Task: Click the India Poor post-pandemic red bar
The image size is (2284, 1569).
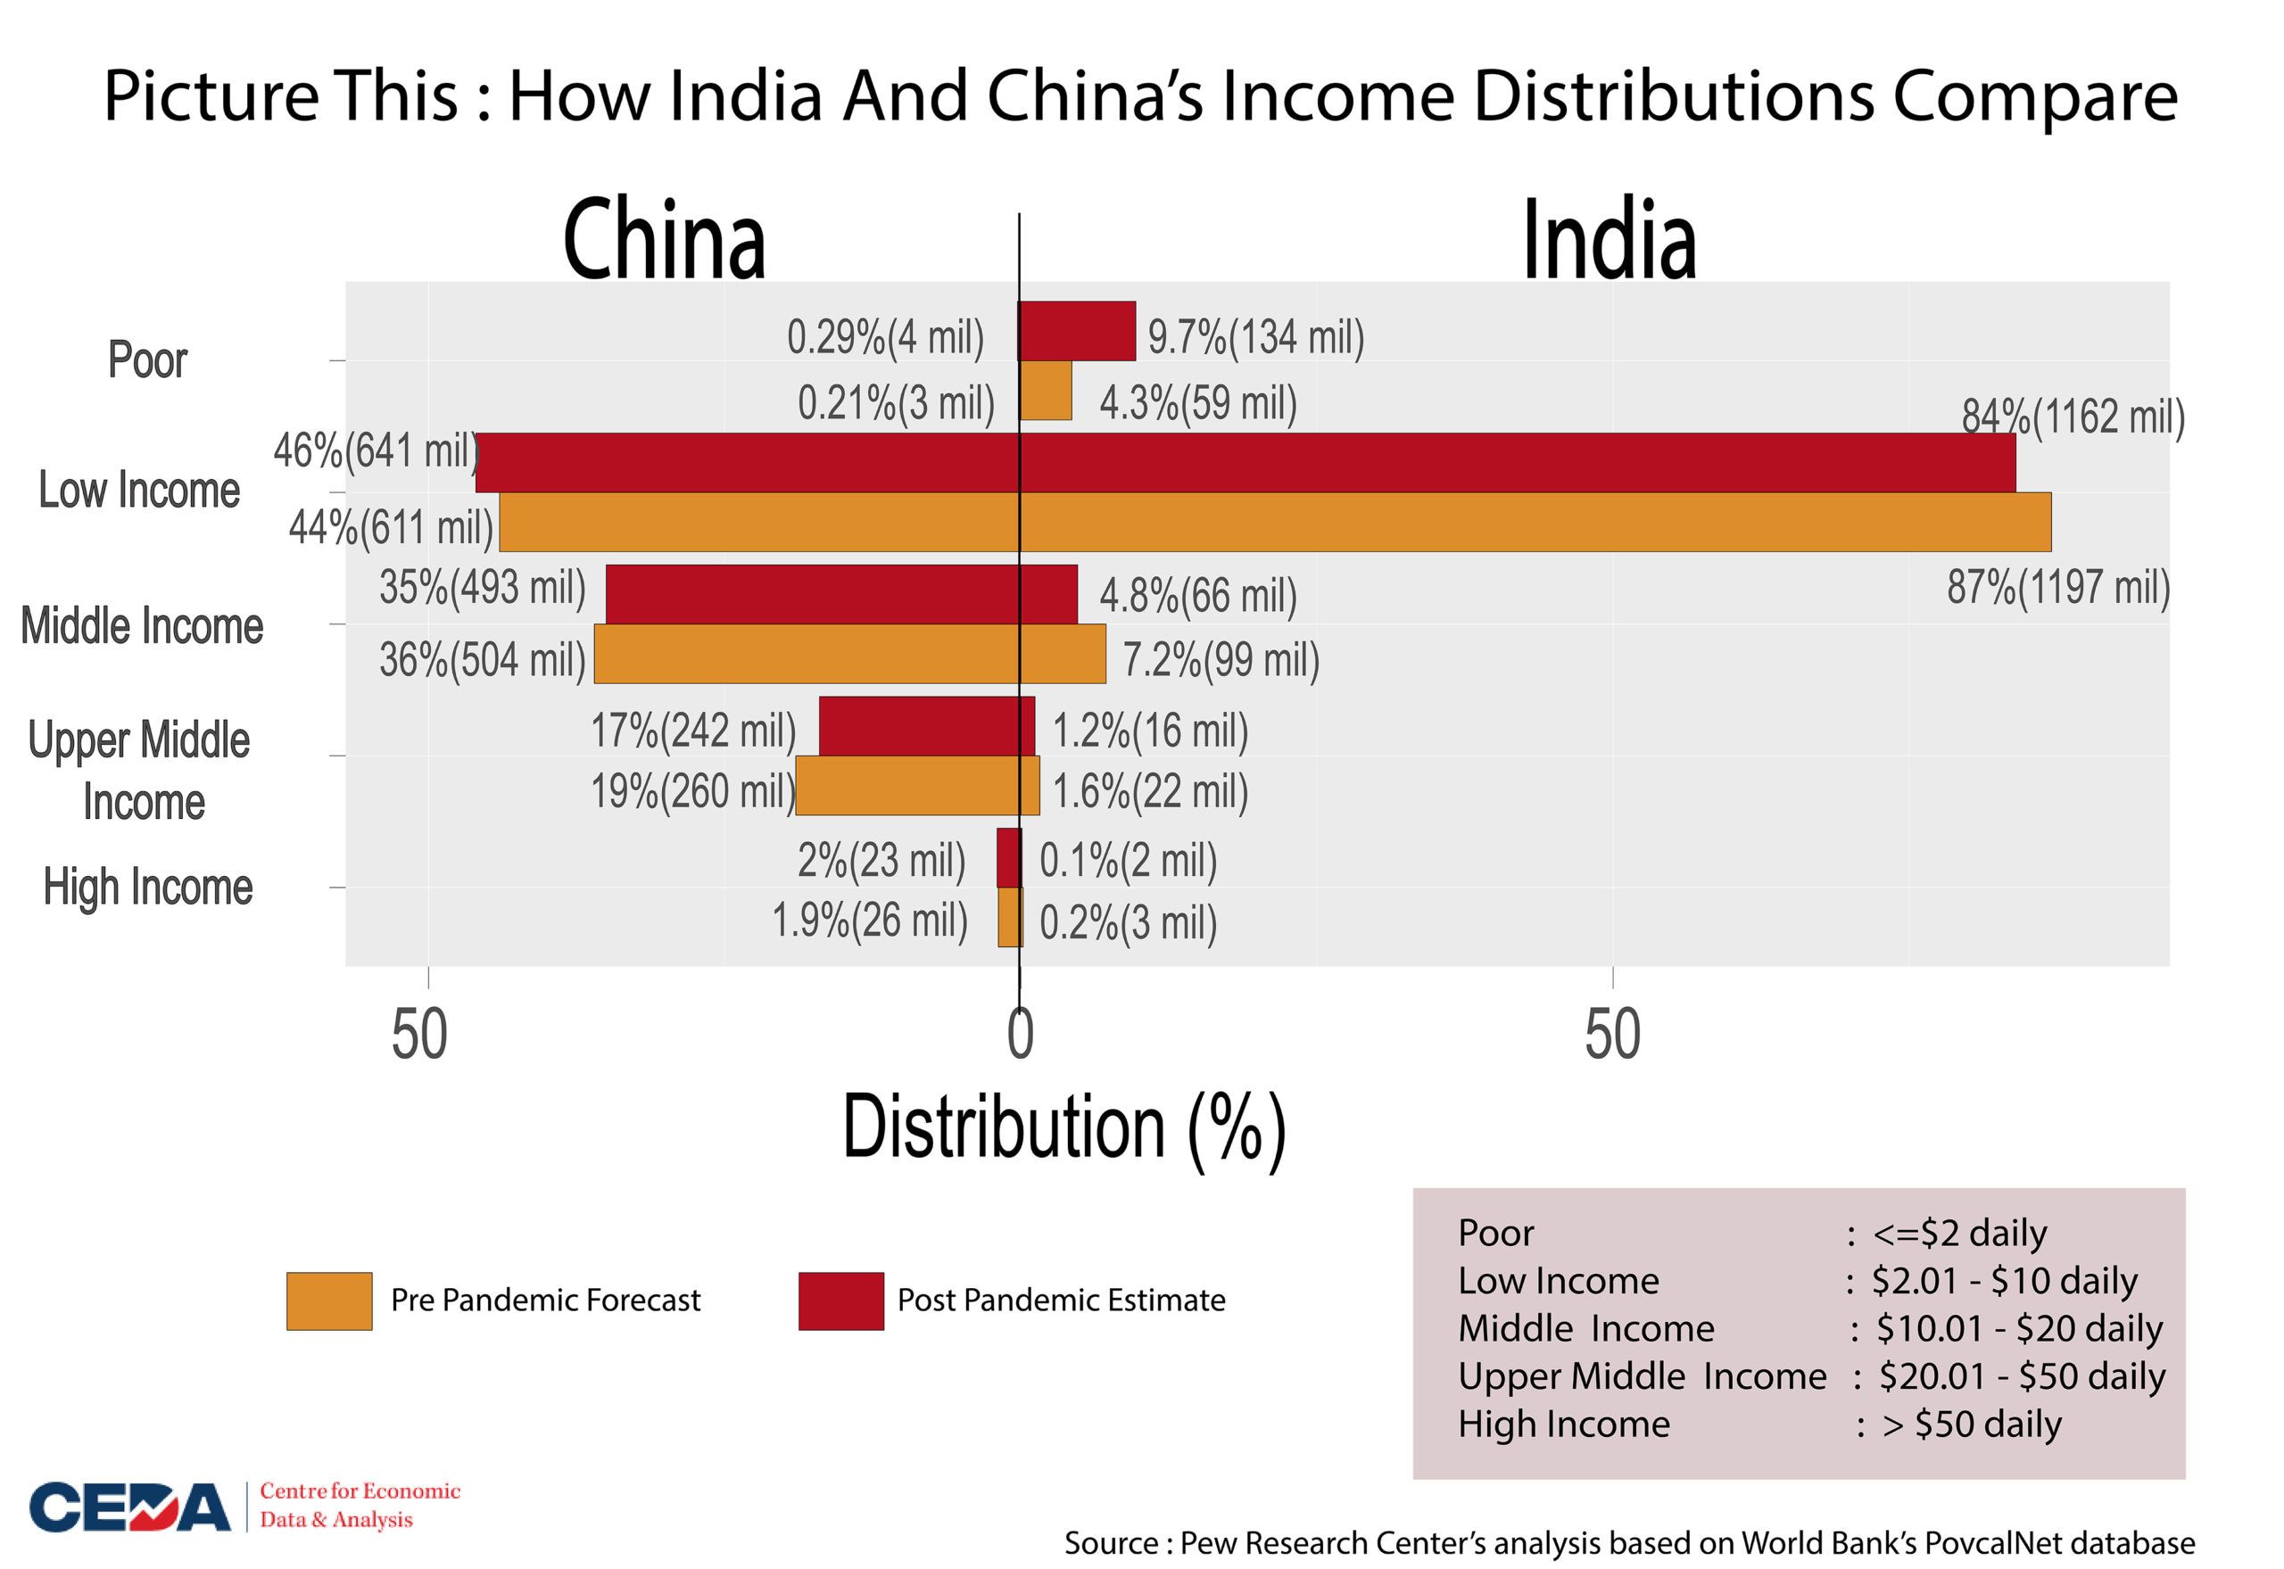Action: point(1078,331)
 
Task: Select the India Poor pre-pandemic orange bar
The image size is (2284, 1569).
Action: point(1045,391)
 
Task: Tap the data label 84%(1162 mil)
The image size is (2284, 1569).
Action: point(2073,417)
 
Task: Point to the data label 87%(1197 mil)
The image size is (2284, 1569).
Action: point(2058,587)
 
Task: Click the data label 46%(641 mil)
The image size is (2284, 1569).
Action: point(376,451)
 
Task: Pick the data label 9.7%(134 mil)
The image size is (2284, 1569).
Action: point(1255,337)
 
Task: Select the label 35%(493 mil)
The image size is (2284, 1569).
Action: point(482,588)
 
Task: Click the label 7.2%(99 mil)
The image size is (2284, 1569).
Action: point(1221,660)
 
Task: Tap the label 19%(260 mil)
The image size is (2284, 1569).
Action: point(692,790)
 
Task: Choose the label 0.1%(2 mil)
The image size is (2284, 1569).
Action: point(1128,861)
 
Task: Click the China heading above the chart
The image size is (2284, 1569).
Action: point(664,240)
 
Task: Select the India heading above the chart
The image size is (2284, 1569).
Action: point(1609,240)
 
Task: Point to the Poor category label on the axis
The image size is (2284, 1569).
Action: point(147,359)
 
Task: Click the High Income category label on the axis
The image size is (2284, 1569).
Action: point(147,887)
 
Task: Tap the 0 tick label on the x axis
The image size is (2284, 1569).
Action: point(1021,1036)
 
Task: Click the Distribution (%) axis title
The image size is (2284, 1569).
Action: point(1063,1128)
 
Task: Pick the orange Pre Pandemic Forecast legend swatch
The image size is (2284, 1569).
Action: point(329,1301)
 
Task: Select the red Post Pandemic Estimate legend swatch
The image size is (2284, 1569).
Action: point(840,1301)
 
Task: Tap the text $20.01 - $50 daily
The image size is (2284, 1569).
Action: point(2022,1376)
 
